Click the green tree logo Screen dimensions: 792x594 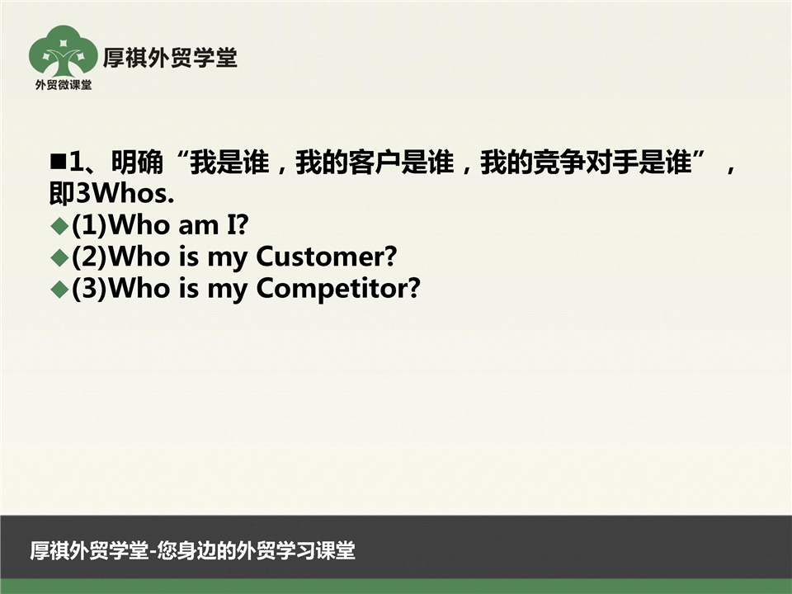pyautogui.click(x=63, y=51)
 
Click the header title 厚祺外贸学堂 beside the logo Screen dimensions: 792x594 pyautogui.click(x=170, y=58)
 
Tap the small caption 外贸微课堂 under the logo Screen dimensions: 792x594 pyautogui.click(x=64, y=85)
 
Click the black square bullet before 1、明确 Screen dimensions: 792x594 pyautogui.click(x=59, y=162)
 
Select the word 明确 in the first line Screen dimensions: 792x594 pyautogui.click(x=137, y=163)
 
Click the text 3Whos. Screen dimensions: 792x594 pyautogui.click(x=125, y=193)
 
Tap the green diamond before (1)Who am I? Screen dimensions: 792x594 pyautogui.click(x=59, y=226)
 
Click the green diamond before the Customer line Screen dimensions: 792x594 pyautogui.click(x=59, y=257)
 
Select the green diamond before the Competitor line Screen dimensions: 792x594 pyautogui.click(x=59, y=290)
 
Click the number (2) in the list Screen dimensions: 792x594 pyautogui.click(x=90, y=257)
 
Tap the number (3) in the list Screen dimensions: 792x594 pyautogui.click(x=90, y=289)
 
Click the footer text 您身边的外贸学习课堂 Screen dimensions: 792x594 pyautogui.click(x=256, y=550)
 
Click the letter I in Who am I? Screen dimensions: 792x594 pyautogui.click(x=231, y=224)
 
